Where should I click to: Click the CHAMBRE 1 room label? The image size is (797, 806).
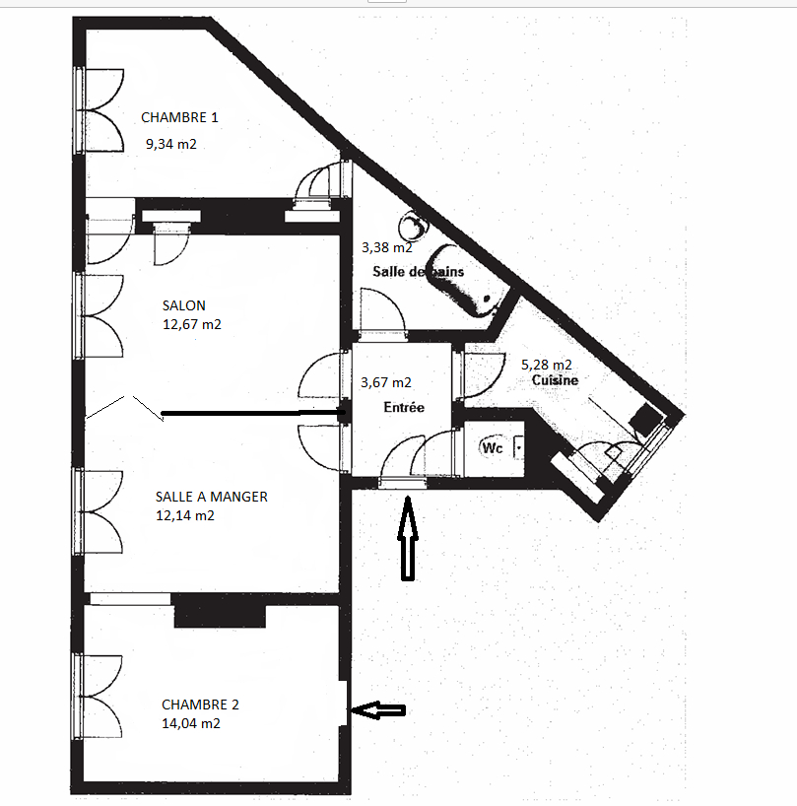179,117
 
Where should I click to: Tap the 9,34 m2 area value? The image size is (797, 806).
171,144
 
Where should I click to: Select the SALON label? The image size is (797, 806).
183,305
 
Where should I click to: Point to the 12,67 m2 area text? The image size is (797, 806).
192,324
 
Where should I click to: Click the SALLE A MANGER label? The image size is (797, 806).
211,497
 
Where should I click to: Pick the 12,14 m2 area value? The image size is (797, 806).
185,515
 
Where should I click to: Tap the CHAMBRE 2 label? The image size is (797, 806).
200,705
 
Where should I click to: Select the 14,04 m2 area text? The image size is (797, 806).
191,723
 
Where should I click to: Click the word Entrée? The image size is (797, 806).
404,407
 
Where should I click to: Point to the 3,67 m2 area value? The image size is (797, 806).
386,382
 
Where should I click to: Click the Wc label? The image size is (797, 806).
493,447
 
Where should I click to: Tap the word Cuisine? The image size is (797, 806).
555,380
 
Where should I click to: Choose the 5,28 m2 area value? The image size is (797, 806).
546,365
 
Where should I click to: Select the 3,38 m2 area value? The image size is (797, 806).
386,247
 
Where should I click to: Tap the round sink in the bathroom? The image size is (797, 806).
414,226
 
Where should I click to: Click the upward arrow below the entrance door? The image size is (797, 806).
408,538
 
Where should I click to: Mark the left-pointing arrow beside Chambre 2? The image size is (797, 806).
378,709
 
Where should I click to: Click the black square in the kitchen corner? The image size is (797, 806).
646,419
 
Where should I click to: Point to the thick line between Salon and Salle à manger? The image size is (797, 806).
252,413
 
